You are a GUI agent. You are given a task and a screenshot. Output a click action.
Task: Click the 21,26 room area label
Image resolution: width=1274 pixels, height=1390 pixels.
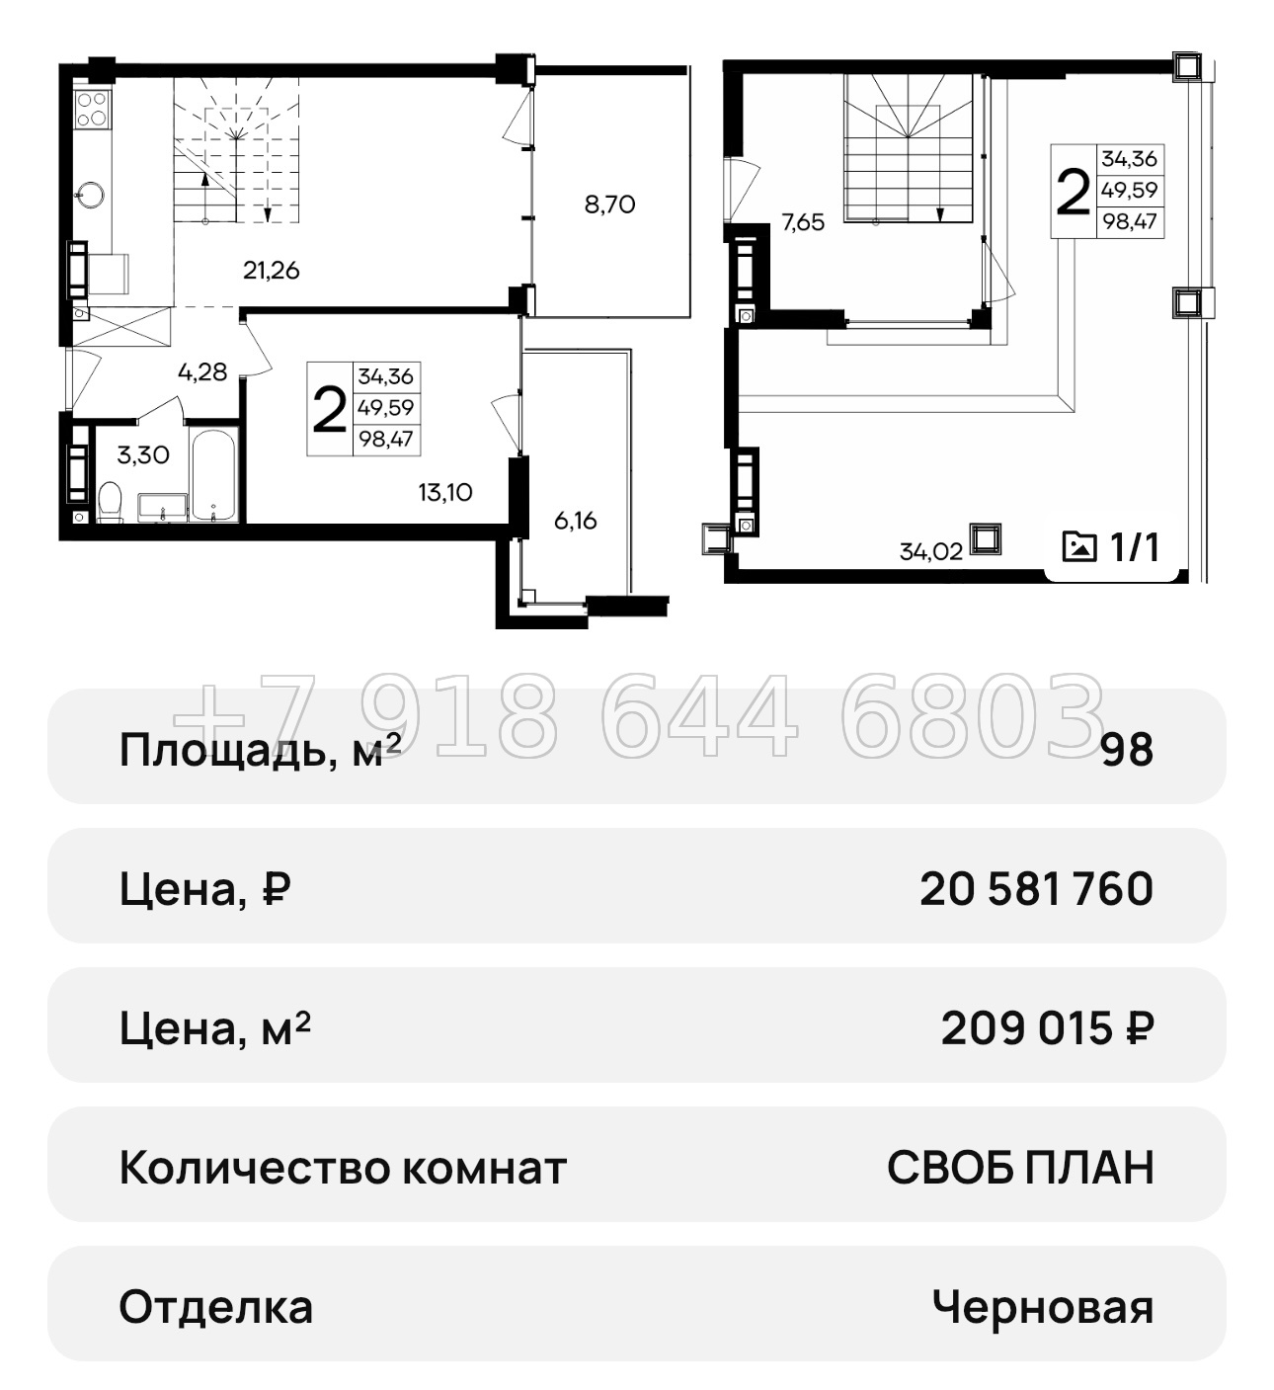tap(271, 270)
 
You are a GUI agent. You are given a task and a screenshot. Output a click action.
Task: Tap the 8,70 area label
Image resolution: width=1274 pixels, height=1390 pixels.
tap(609, 205)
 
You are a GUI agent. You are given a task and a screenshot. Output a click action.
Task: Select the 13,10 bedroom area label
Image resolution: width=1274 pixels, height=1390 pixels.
tap(444, 492)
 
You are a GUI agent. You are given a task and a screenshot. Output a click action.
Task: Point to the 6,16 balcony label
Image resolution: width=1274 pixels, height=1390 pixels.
tap(575, 520)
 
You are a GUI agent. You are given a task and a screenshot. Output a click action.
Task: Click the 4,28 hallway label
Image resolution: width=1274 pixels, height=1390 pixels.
tap(202, 372)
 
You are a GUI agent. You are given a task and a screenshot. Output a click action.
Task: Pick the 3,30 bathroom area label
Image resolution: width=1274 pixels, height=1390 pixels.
tap(142, 455)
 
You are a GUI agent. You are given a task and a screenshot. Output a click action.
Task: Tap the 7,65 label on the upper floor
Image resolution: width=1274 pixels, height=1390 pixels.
tap(802, 222)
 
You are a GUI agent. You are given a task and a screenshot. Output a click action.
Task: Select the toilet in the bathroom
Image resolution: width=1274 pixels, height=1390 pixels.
tap(110, 502)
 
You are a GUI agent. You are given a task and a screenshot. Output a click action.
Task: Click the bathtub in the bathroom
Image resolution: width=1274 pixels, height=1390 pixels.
tap(213, 474)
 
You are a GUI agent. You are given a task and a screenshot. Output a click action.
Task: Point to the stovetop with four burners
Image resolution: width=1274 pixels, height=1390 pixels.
tap(93, 108)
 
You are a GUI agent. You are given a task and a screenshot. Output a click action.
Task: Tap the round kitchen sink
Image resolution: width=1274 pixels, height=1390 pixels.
tap(93, 194)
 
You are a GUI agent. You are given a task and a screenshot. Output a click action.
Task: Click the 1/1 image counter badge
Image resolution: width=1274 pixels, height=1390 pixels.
tap(1111, 546)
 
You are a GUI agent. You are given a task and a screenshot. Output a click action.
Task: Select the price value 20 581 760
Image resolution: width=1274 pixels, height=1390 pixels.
tap(1035, 889)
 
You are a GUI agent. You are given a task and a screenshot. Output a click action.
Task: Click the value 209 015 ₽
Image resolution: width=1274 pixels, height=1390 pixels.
tap(1046, 1028)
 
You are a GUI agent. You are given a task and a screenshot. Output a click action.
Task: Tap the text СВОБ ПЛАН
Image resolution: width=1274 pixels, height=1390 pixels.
tap(1019, 1168)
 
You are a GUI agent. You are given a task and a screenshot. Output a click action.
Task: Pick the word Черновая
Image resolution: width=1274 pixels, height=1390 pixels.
tap(1042, 1308)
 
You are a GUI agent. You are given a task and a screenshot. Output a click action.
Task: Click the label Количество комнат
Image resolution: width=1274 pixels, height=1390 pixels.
tap(342, 1168)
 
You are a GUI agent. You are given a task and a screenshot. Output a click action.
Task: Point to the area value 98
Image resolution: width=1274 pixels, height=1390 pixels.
tap(1127, 751)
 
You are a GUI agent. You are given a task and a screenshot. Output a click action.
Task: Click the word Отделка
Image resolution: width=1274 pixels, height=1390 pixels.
tap(215, 1308)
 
